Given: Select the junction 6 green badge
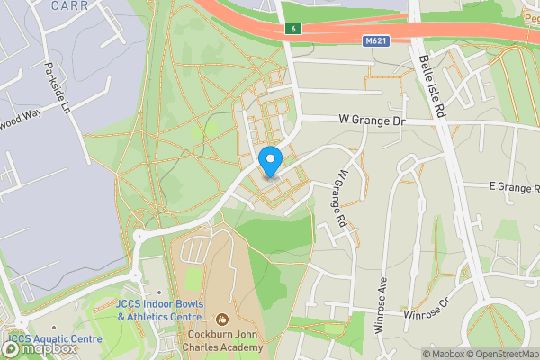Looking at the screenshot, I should [293, 29].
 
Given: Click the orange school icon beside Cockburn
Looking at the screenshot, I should [222, 318].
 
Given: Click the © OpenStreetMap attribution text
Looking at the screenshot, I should [505, 354].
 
